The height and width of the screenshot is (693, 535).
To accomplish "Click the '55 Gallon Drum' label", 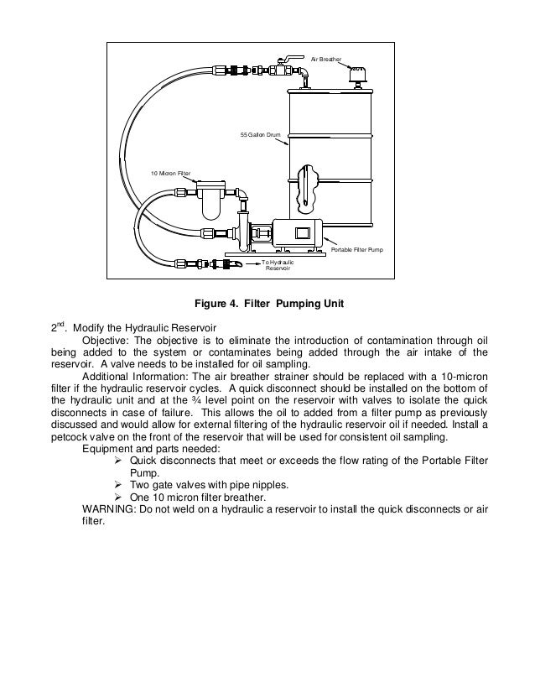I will [261, 134].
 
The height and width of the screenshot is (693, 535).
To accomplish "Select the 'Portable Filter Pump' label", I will [357, 250].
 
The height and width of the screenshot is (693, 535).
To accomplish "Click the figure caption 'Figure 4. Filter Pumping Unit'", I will [265, 303].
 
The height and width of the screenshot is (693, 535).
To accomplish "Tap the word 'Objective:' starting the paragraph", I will [106, 341].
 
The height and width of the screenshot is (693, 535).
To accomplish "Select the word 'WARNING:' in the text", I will [107, 508].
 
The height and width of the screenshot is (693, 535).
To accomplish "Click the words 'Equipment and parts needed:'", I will [147, 449].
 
